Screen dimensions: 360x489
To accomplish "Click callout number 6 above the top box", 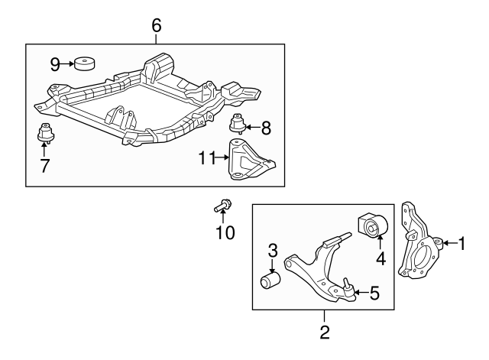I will pos(157,25).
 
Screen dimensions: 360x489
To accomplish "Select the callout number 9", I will pos(55,63).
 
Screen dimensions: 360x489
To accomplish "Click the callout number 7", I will pos(45,164).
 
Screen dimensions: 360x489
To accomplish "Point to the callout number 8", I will pos(267,128).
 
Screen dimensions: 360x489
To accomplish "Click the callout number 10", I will pos(225,231).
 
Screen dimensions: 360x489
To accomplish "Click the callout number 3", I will pos(272,250).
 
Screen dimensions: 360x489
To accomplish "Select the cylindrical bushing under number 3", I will pos(271,281).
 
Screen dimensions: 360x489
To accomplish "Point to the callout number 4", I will pos(380,258).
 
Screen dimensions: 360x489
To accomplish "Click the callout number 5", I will pos(374,291).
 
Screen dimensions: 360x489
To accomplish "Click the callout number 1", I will pos(461,244).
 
